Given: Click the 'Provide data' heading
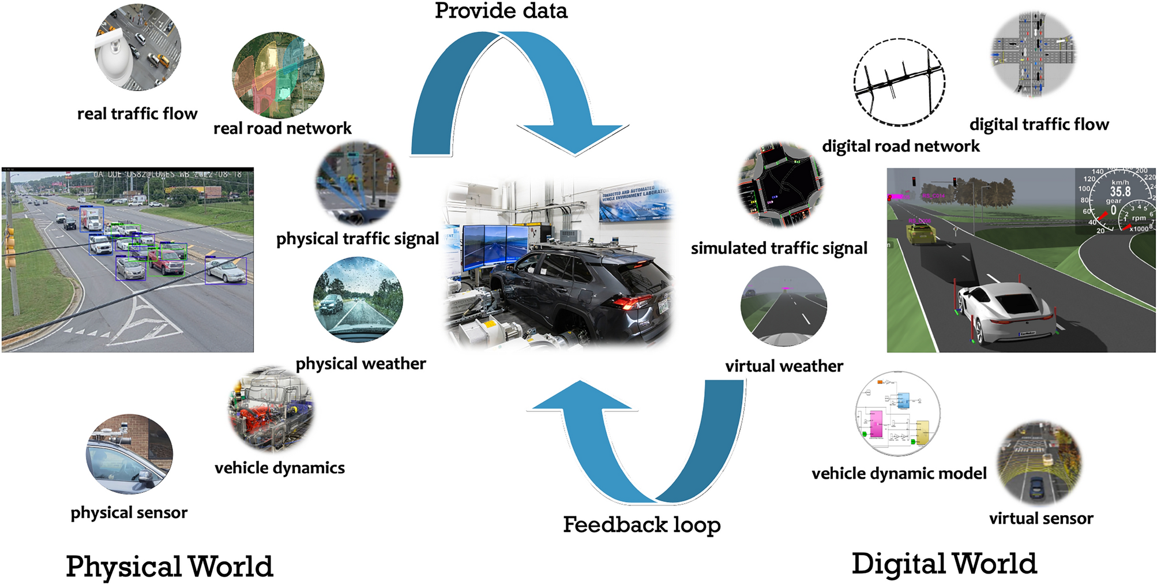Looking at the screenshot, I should point(501,11).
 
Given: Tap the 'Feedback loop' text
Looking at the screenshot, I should point(641,524).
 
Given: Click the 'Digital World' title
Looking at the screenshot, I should point(944,563).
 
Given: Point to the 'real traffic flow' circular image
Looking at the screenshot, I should point(138,47).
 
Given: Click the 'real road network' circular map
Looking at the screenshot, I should point(278,76).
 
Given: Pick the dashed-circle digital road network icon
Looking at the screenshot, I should point(899,82).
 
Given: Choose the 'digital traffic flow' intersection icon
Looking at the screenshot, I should point(1034,54).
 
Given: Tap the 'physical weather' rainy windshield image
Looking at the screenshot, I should point(358,300).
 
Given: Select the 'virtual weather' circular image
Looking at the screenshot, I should point(783,306).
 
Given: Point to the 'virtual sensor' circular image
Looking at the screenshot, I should point(1040,463).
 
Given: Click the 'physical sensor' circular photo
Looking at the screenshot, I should point(129,454).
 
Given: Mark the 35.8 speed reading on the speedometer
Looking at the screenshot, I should point(1120,191).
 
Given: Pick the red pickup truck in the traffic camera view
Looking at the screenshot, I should point(167,262).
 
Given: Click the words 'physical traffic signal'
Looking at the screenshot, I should point(358,238).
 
